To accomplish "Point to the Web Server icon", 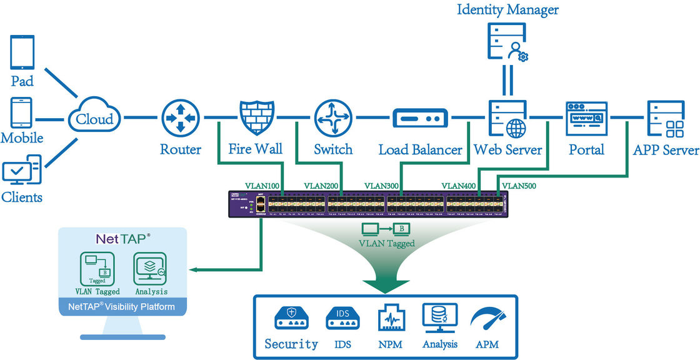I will tap(506, 118).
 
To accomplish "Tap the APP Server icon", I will tap(664, 119).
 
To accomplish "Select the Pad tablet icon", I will tap(22, 53).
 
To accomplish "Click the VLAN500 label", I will tap(520, 186).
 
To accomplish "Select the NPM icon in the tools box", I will tap(391, 317).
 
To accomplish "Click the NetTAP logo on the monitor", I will tap(122, 238).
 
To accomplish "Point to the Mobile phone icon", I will tap(21, 112).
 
